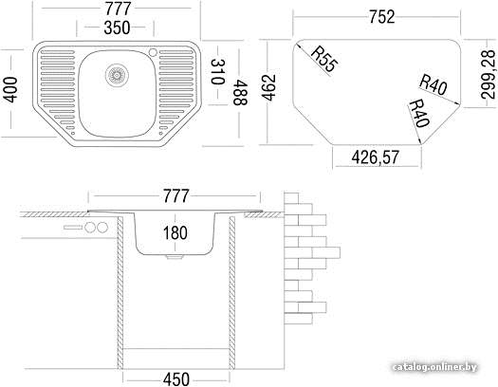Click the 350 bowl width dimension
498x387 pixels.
tap(117, 28)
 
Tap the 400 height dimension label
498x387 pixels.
tap(11, 89)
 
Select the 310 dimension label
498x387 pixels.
tap(217, 71)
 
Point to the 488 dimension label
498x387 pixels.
tap(240, 92)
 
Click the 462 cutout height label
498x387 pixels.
tap(269, 87)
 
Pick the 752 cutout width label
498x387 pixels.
tap(382, 16)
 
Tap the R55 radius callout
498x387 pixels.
tap(323, 59)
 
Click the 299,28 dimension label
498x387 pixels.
tap(489, 75)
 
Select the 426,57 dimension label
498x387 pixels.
tap(375, 157)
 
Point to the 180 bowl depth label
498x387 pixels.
tap(175, 232)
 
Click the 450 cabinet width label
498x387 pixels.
tap(176, 379)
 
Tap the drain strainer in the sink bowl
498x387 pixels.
tap(117, 75)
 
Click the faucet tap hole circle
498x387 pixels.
tap(153, 52)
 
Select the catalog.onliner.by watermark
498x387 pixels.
tap(434, 367)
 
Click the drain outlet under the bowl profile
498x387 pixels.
tap(175, 256)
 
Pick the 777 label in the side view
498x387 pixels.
tap(175, 196)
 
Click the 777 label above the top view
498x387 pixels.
tap(118, 9)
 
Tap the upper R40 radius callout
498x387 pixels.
tap(433, 84)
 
